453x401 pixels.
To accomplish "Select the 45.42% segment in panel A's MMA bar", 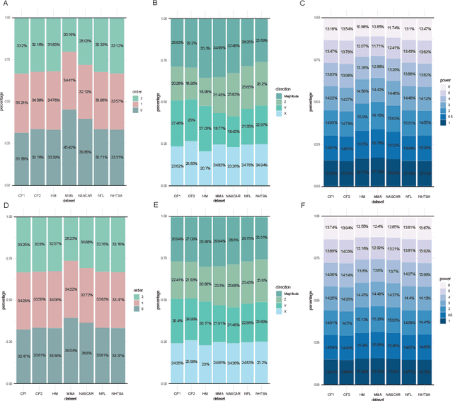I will pyautogui.click(x=69, y=147).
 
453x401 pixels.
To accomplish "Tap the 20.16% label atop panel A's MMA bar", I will pyautogui.click(x=69, y=34).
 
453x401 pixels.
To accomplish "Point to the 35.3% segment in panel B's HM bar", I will pyautogui.click(x=205, y=48).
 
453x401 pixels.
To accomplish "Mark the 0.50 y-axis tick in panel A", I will pyautogui.click(x=8, y=101).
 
